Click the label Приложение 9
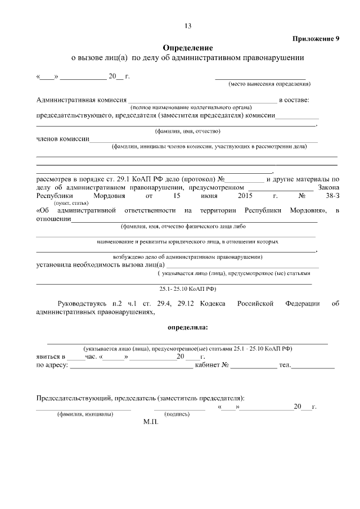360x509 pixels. click(316, 39)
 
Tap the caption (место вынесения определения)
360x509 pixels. click(269, 84)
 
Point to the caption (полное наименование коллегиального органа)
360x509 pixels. click(191, 107)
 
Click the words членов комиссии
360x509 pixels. click(62, 139)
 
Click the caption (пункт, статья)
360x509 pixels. click(71, 202)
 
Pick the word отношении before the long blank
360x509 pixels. click(53, 219)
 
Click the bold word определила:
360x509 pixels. click(188, 327)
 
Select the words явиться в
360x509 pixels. click(51, 357)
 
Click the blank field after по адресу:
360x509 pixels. click(131, 366)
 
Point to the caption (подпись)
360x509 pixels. click(176, 414)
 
